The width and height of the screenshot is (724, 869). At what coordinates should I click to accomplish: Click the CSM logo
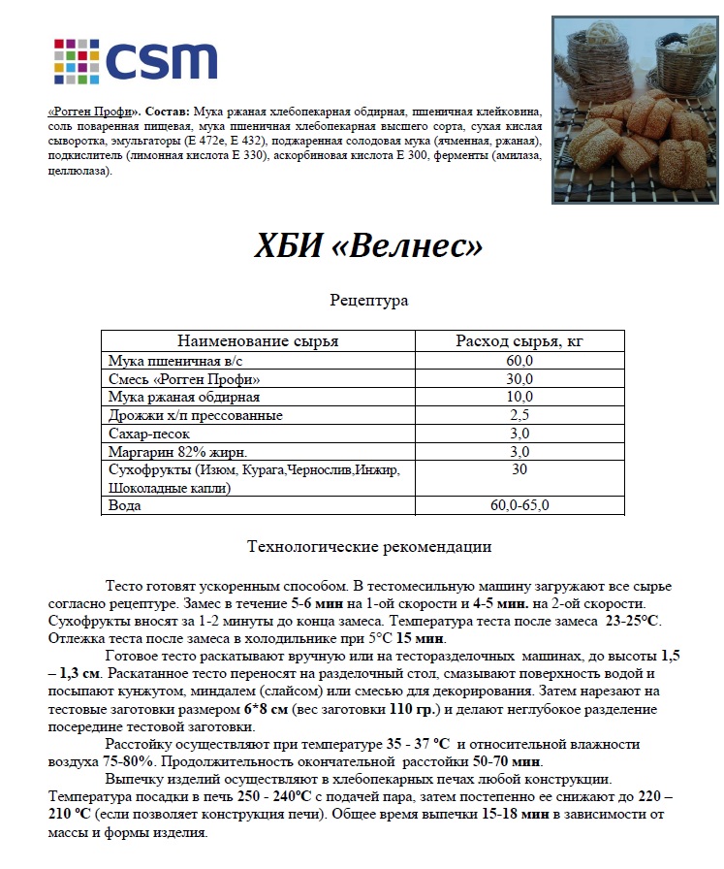[135, 60]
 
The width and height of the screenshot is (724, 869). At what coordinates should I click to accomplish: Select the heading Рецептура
[368, 301]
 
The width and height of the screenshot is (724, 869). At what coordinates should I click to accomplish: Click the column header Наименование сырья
[257, 341]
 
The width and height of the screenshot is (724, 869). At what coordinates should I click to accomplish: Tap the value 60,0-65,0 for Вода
[520, 506]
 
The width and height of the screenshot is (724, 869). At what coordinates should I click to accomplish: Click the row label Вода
[125, 506]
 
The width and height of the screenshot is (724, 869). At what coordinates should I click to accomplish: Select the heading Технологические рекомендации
[369, 547]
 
